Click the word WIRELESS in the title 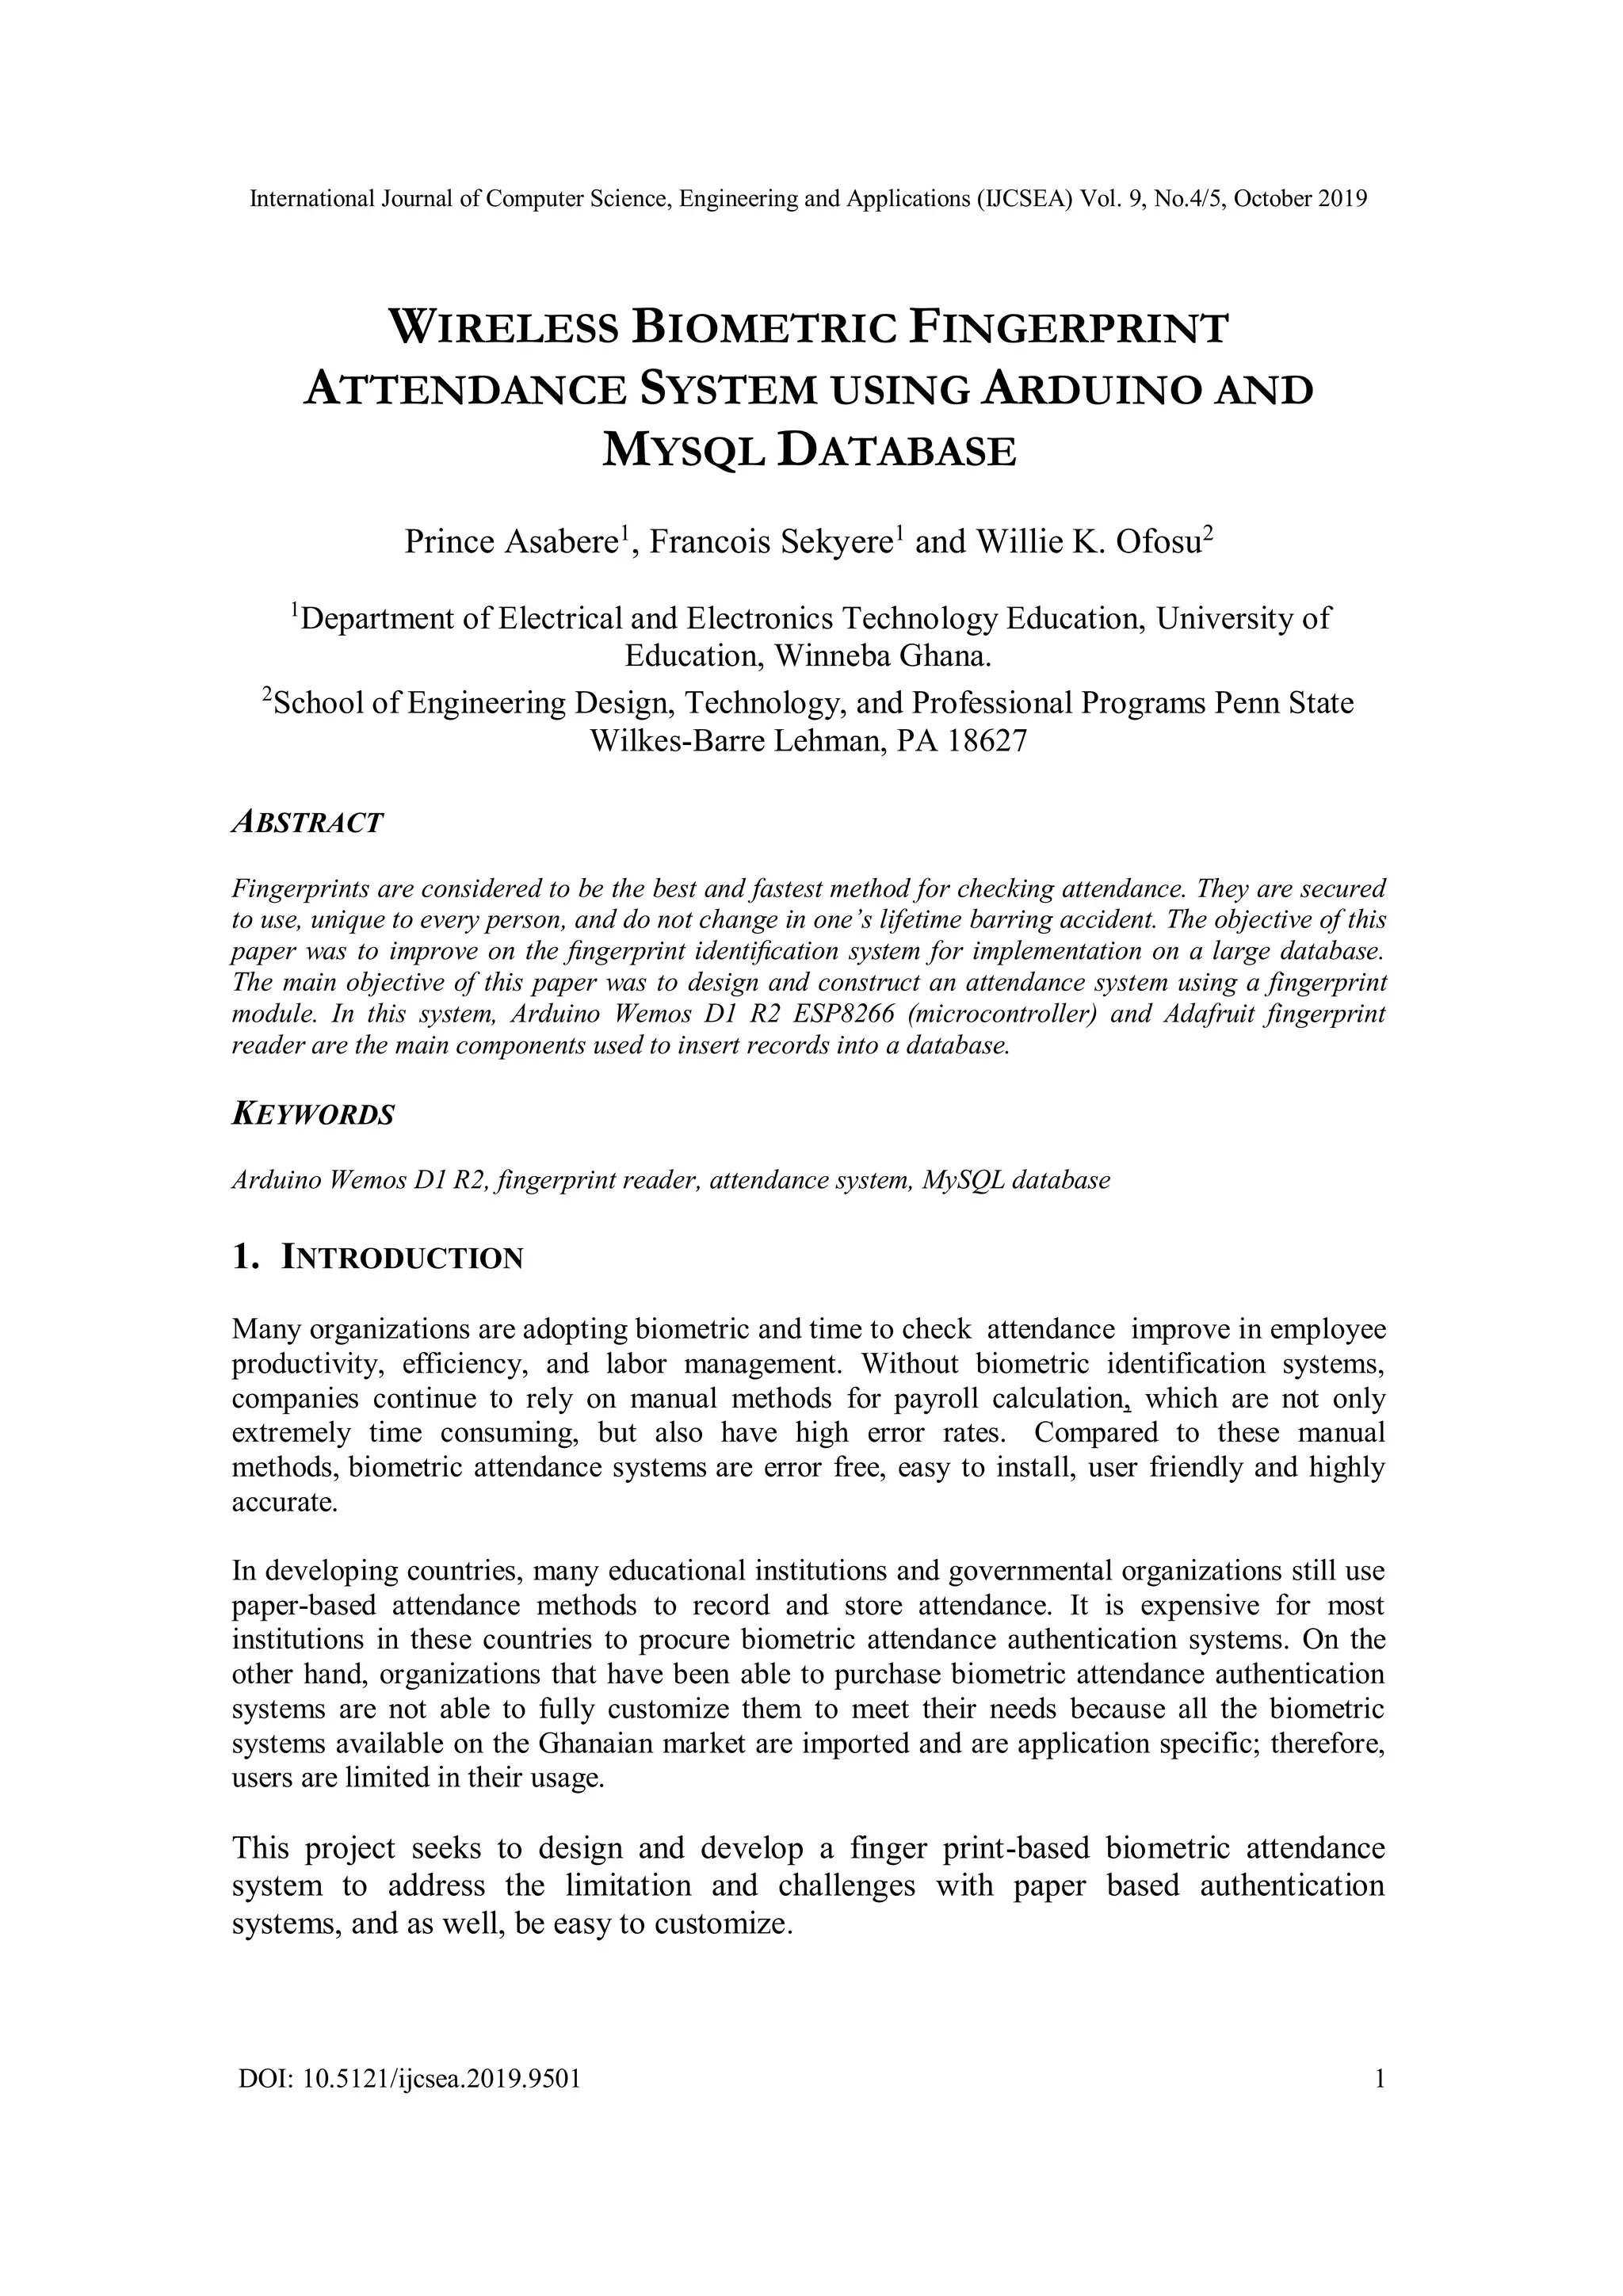pyautogui.click(x=503, y=328)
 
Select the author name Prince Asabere pyautogui.click(x=510, y=542)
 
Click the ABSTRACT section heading pyautogui.click(x=307, y=823)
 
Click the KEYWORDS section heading pyautogui.click(x=313, y=1114)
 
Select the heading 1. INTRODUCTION pyautogui.click(x=377, y=1258)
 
